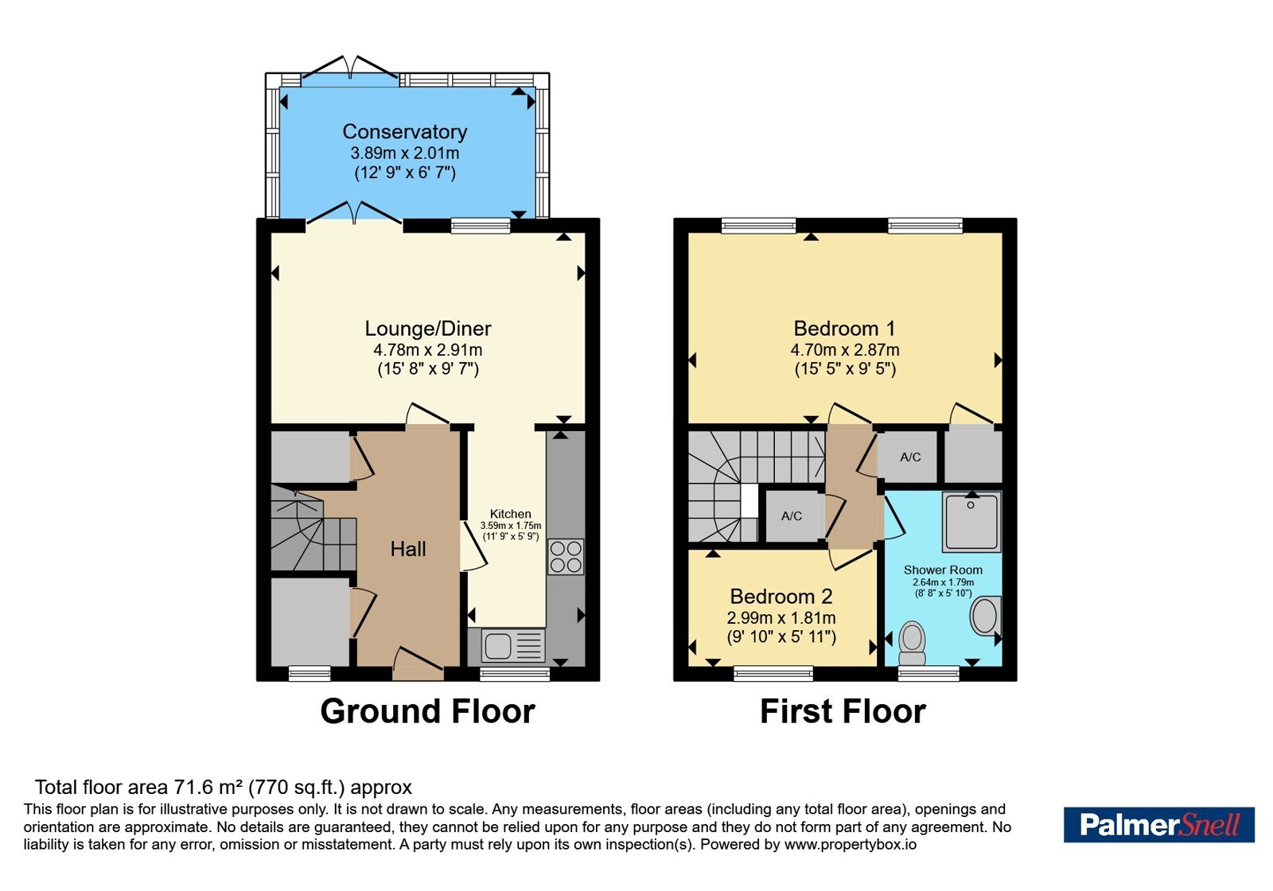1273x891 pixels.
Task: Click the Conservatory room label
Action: [405, 132]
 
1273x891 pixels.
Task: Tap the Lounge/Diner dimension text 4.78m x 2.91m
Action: [428, 349]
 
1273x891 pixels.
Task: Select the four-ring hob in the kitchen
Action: [566, 557]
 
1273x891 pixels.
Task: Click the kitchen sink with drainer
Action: [513, 645]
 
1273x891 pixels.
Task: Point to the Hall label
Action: [408, 549]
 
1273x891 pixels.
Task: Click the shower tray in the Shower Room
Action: [971, 522]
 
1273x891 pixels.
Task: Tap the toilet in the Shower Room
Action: [912, 643]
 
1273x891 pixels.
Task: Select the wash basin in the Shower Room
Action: [986, 616]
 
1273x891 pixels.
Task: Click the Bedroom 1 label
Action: [844, 329]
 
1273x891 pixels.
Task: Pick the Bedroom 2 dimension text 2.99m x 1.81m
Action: [781, 617]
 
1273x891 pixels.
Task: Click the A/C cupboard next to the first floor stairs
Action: [792, 516]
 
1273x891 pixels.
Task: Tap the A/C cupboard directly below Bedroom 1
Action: [910, 457]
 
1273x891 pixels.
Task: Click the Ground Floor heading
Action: [427, 711]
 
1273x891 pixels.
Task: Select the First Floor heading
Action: [843, 711]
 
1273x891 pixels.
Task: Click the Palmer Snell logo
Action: [1158, 824]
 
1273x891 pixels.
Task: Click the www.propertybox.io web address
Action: [851, 845]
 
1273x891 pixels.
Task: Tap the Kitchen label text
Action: [510, 514]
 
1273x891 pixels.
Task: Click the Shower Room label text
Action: [943, 570]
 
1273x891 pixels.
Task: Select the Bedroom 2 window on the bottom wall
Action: [773, 674]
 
